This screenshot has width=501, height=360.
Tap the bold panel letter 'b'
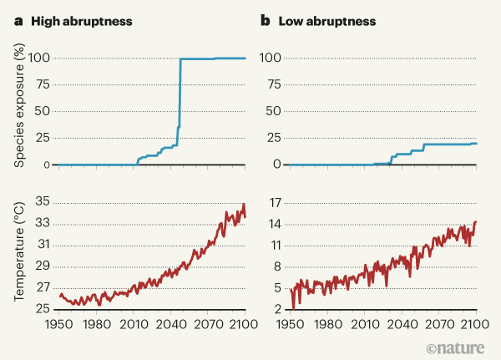coord(265,19)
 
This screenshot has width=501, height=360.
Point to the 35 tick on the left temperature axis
coord(42,202)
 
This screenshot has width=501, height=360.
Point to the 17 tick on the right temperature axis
coord(273,202)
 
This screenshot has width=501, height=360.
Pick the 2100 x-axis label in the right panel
coord(476,324)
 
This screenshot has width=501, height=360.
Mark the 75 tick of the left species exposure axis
coord(43,85)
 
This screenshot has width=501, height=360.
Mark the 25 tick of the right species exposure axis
coord(273,139)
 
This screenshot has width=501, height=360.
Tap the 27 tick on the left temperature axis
coord(42,288)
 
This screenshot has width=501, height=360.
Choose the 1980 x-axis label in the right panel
coord(326,324)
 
